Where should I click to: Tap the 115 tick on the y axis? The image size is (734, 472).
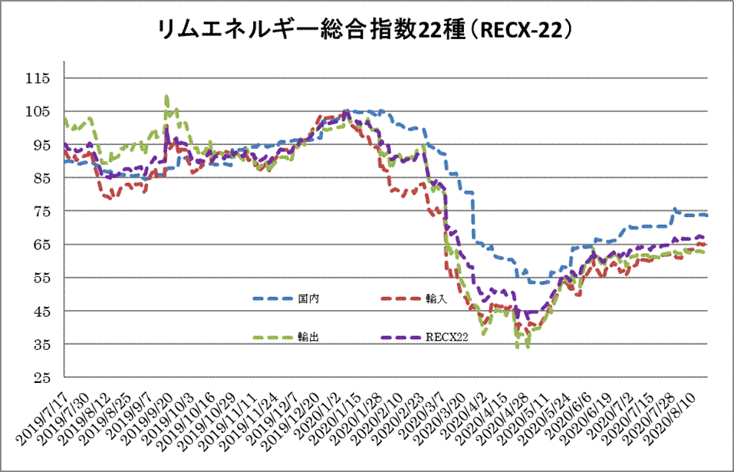(x=38, y=78)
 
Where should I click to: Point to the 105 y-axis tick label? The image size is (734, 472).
(x=38, y=112)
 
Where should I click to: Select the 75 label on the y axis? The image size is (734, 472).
(x=41, y=212)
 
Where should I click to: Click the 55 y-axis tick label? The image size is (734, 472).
(x=41, y=279)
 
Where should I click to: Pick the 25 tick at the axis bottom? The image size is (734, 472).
(x=41, y=378)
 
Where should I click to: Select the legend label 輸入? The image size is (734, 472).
(x=436, y=298)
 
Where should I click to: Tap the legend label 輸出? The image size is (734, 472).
(x=309, y=336)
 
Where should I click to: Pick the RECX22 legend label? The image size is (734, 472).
(x=445, y=336)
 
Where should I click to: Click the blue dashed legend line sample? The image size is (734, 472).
(x=274, y=298)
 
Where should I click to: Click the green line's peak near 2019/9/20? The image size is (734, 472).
(x=166, y=96)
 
